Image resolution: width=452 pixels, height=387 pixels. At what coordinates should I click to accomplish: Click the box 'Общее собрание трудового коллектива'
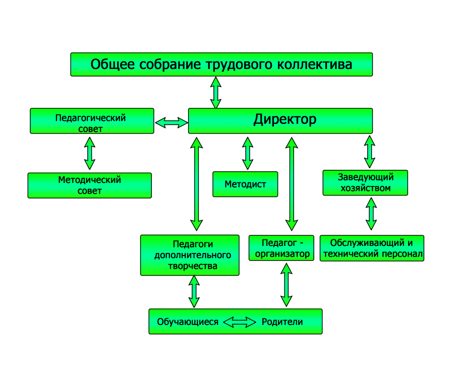[221, 64]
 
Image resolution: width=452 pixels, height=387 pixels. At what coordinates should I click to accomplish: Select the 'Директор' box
[280, 120]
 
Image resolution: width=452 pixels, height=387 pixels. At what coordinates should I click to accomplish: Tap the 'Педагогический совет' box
[92, 121]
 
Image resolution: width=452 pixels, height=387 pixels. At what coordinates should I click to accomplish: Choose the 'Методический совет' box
[89, 185]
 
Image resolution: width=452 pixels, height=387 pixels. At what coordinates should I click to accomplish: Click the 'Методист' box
[246, 184]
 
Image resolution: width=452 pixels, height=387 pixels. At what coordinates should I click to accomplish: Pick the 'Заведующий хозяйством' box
[365, 183]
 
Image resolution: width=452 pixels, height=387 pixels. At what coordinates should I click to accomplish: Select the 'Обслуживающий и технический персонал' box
[372, 248]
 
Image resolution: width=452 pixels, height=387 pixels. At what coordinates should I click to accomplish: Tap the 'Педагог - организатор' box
[281, 248]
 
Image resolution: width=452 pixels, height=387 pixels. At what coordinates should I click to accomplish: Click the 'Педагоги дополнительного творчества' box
[189, 255]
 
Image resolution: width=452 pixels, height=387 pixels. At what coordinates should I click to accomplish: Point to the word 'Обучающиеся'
[188, 322]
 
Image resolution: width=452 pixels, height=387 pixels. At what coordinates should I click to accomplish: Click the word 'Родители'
[282, 322]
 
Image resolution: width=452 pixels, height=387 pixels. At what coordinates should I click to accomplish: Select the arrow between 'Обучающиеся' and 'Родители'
[240, 322]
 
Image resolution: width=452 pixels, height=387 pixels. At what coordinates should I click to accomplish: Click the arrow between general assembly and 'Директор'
[216, 92]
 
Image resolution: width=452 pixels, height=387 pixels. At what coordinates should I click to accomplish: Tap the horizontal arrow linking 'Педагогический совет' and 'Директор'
[171, 122]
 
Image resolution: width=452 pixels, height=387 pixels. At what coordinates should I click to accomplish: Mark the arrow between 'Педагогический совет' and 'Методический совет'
[90, 153]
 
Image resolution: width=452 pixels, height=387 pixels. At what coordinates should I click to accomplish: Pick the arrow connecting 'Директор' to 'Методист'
[247, 153]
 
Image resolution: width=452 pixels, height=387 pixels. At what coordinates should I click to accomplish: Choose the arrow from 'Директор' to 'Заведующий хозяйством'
[370, 152]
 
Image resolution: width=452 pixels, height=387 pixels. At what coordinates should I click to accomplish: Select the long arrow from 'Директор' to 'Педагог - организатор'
[291, 184]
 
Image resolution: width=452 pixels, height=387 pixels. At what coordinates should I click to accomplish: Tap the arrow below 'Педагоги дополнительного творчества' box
[194, 292]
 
